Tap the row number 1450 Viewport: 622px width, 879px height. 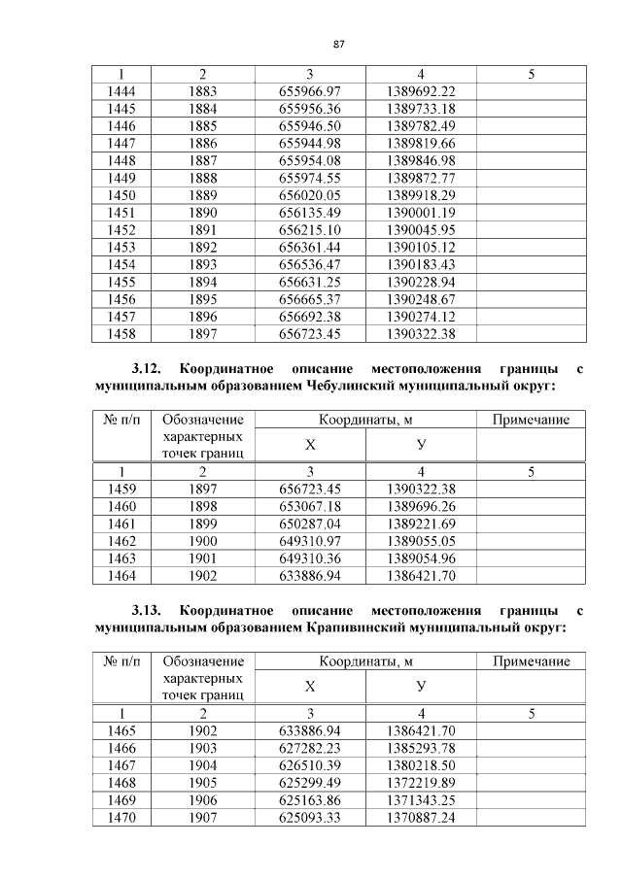coord(121,194)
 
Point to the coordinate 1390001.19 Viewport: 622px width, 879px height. coord(420,212)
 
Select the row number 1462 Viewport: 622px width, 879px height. coord(121,541)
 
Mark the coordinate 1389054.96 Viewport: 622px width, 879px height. coord(420,558)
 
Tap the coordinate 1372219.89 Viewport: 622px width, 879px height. coord(420,782)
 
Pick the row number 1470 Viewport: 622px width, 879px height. coord(121,817)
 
